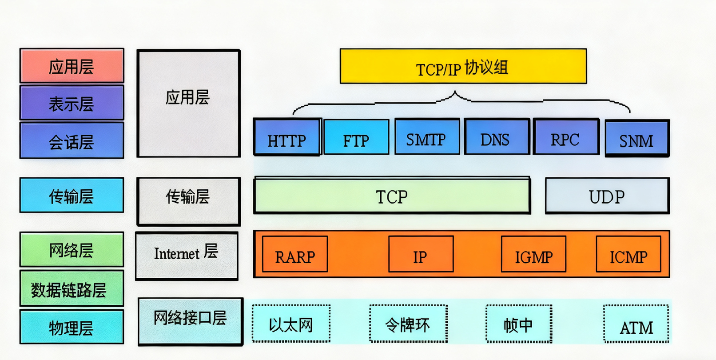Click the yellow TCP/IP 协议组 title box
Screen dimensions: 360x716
pyautogui.click(x=463, y=66)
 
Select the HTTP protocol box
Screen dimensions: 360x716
pyautogui.click(x=287, y=137)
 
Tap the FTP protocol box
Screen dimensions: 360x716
pyautogui.click(x=356, y=137)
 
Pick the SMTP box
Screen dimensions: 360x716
pyautogui.click(x=427, y=137)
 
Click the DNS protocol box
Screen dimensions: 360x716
pyautogui.click(x=497, y=137)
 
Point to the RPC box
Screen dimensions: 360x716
pyautogui.click(x=566, y=137)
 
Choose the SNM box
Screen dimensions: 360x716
pyautogui.click(x=637, y=138)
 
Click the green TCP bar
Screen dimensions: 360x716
pyautogui.click(x=392, y=196)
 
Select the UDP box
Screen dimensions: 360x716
pyautogui.click(x=607, y=196)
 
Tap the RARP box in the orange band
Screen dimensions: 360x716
pyautogui.click(x=295, y=254)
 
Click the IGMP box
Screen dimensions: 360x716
pyautogui.click(x=533, y=254)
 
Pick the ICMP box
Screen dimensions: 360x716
pyautogui.click(x=628, y=254)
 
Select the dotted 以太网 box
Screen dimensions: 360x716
pyautogui.click(x=291, y=324)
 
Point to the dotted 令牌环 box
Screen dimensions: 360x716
pyautogui.click(x=408, y=324)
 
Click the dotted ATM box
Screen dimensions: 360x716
pyautogui.click(x=636, y=324)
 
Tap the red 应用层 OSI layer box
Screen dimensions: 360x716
pyautogui.click(x=72, y=66)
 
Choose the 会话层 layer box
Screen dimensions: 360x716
pyautogui.click(x=72, y=141)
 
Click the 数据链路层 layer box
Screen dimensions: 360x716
pyautogui.click(x=72, y=289)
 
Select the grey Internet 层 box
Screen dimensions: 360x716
pyautogui.click(x=187, y=256)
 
